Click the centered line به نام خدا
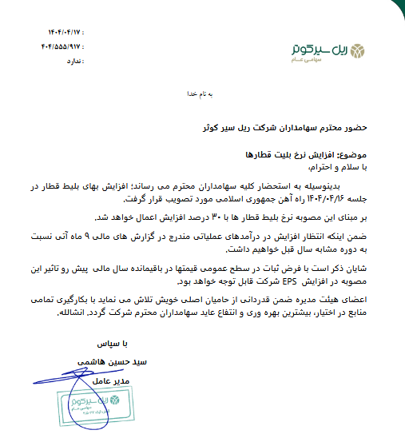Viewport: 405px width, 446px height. [202, 95]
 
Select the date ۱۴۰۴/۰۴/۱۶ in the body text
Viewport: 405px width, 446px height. [328, 197]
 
